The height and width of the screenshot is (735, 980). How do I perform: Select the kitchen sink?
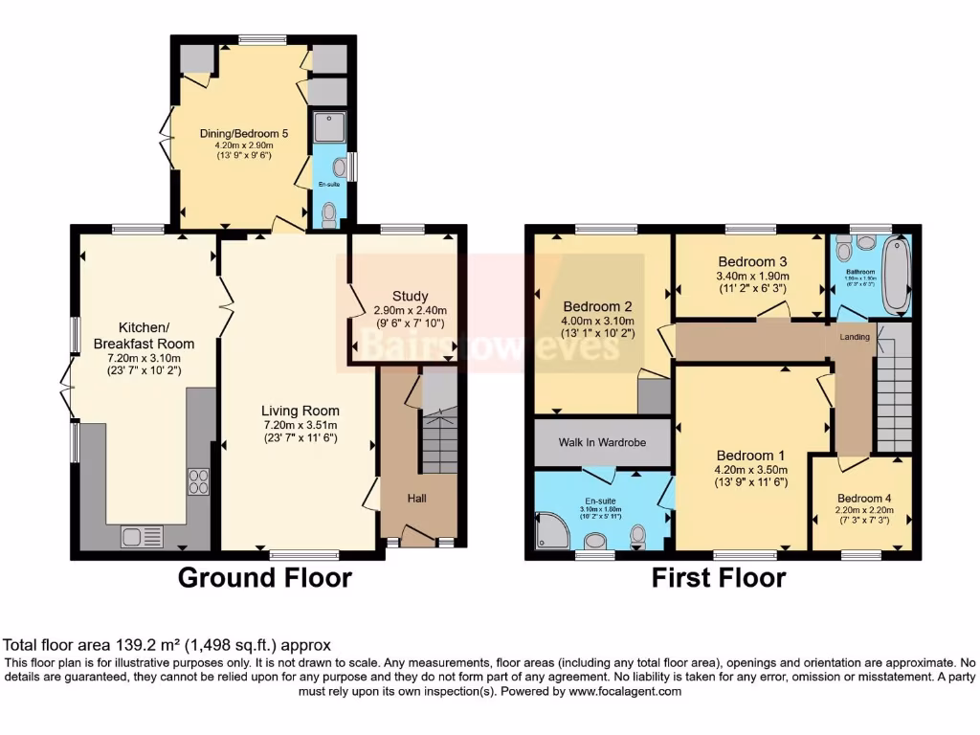142,537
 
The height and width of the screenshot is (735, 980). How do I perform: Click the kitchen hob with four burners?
199,480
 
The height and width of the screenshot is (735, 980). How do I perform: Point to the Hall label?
416,499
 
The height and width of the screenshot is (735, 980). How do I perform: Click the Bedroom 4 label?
863,499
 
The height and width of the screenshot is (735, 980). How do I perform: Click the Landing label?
855,337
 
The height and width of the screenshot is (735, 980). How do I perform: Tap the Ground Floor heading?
265,578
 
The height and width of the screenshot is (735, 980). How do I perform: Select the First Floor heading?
719,578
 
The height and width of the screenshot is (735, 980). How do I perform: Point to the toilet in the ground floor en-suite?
330,213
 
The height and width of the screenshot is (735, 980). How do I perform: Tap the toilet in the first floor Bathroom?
844,249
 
